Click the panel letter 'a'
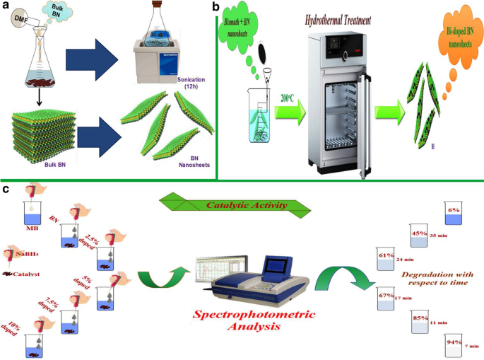pyautogui.click(x=5, y=6)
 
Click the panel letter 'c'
pyautogui.click(x=5, y=189)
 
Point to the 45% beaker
pyautogui.click(x=418, y=236)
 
